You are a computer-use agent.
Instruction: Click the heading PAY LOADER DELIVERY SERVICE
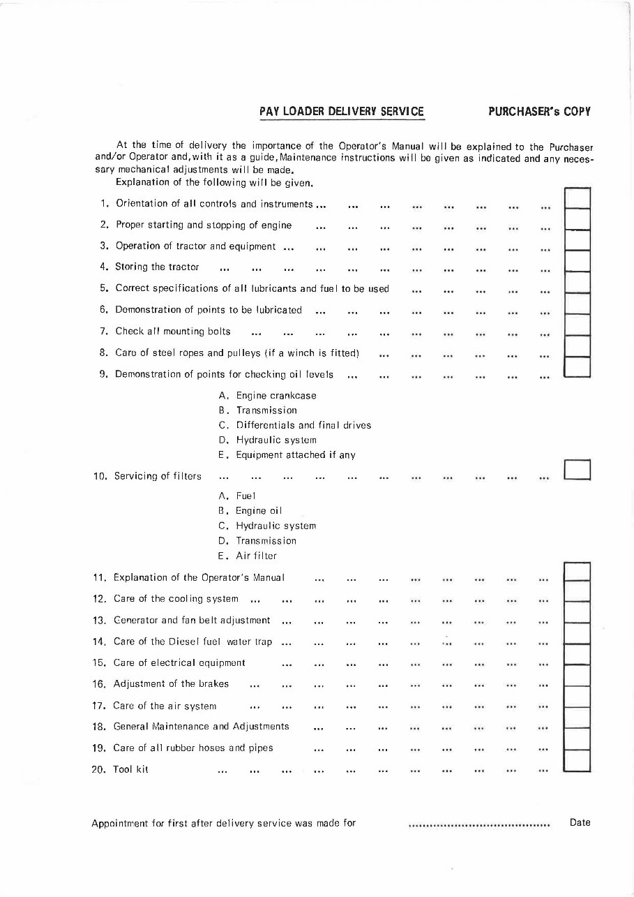tap(341, 112)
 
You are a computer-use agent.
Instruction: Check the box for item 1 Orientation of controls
tap(577, 199)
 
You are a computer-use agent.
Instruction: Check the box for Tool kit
tap(577, 759)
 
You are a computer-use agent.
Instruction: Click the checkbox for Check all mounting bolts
tap(577, 325)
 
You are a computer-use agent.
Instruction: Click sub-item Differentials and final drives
tap(303, 425)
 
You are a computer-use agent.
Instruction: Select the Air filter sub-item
tap(256, 556)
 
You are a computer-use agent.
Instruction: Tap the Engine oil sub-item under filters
tap(258, 511)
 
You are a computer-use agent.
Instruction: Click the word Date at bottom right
tap(580, 823)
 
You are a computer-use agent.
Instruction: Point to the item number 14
tap(98, 642)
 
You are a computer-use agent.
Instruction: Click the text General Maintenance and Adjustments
tap(201, 727)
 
